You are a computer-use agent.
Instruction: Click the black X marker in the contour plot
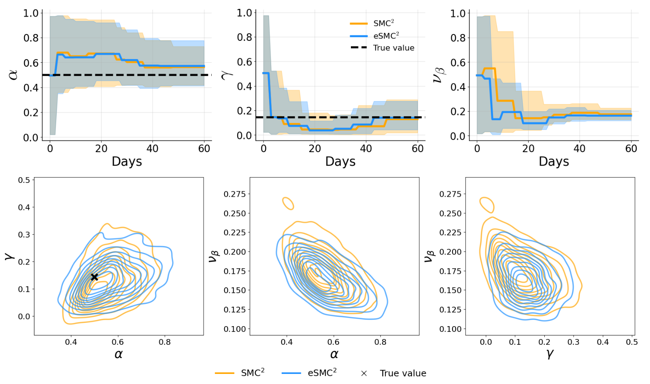point(94,277)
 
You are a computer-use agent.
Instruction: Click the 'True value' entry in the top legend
point(393,48)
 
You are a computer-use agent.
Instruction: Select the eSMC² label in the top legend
point(386,36)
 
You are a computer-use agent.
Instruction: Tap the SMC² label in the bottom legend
point(253,373)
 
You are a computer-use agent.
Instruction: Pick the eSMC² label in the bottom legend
point(322,373)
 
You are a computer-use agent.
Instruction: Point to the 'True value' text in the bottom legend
point(403,373)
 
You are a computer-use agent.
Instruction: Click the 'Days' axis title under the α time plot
point(127,161)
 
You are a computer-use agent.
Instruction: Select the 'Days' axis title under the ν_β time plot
point(554,161)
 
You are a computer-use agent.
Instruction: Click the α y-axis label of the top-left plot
point(13,75)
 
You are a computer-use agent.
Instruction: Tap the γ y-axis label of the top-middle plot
point(227,74)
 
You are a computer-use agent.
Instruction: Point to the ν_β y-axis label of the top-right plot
point(440,75)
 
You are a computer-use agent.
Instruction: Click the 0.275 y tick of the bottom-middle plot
point(235,194)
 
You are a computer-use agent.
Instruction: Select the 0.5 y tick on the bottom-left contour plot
point(24,180)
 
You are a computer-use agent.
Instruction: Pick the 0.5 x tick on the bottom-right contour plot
point(631,342)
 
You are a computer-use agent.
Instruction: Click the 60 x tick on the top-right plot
point(631,149)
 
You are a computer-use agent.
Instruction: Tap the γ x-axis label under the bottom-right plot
point(550,354)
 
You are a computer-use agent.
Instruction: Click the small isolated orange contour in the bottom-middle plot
point(288,203)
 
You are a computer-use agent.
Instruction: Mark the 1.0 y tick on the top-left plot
point(31,13)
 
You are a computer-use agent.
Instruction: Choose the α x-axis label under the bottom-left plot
point(119,354)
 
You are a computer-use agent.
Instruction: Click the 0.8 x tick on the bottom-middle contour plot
point(380,342)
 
